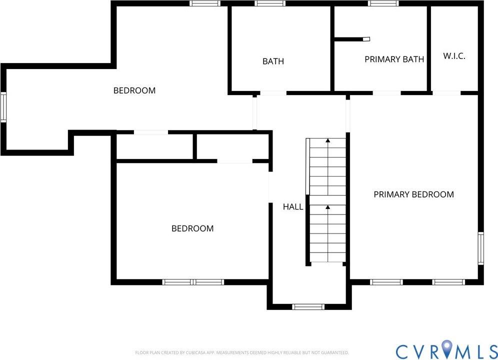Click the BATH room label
pos(273,61)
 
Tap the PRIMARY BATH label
pos(394,59)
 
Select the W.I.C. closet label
pos(454,56)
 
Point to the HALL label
pos(293,206)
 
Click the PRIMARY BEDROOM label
pos(413,194)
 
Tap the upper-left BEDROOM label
pos(134,90)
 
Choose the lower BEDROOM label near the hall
pos(192,228)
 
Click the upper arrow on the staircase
pos(327,141)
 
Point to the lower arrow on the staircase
pos(327,207)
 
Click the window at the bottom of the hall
pos(308,306)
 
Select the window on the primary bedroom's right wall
pos(480,247)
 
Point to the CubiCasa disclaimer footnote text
pos(242,352)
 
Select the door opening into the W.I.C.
pos(446,93)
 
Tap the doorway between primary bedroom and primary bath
pos(386,93)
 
